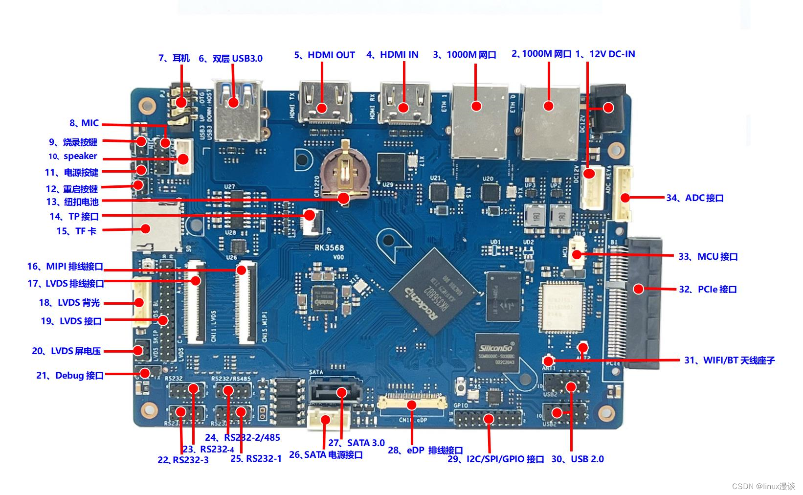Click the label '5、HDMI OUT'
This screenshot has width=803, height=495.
pyautogui.click(x=324, y=55)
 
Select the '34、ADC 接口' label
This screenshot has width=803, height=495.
pyautogui.click(x=694, y=198)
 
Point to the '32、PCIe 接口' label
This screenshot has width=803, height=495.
pyautogui.click(x=708, y=290)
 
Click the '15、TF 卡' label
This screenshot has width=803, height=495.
pyautogui.click(x=76, y=231)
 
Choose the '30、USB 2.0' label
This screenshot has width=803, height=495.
pyautogui.click(x=578, y=459)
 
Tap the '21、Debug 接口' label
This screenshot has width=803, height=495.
pyautogui.click(x=70, y=376)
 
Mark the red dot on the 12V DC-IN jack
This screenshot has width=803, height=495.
pyautogui.click(x=608, y=108)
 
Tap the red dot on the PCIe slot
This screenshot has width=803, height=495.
pyautogui.click(x=638, y=289)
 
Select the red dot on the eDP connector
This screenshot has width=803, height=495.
pyautogui.click(x=412, y=405)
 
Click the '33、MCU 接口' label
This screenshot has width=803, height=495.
pyautogui.click(x=708, y=257)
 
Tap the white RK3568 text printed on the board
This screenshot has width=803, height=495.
pyautogui.click(x=329, y=247)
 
